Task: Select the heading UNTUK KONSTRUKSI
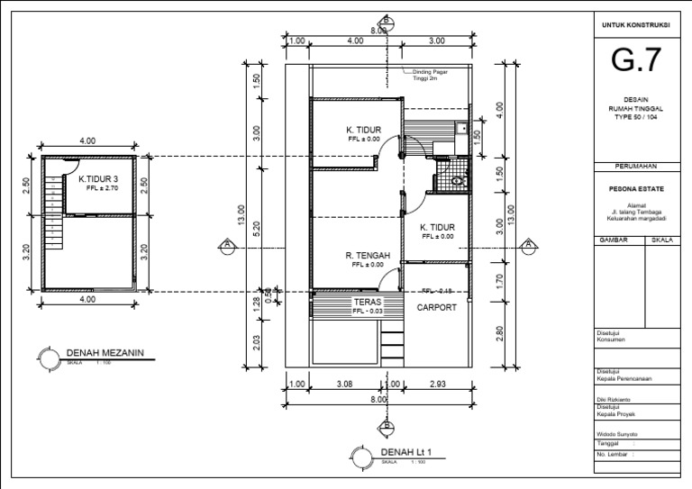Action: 636,24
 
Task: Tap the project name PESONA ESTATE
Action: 636,190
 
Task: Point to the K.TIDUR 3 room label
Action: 100,178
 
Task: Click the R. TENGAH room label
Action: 367,256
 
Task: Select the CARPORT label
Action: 436,307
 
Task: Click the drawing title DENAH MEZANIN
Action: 105,353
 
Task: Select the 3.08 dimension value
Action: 343,385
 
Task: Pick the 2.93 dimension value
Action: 439,385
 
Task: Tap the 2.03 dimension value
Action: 257,343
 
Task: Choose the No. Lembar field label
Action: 614,456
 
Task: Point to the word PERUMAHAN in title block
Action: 636,167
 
